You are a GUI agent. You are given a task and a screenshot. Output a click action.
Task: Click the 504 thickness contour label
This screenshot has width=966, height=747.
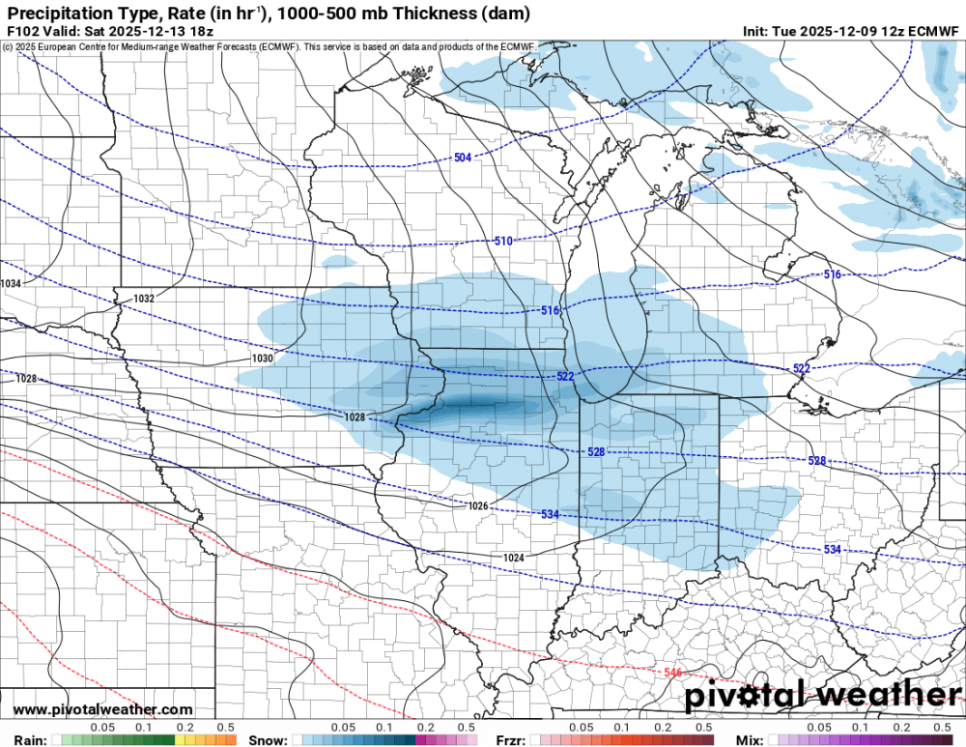[x=463, y=158]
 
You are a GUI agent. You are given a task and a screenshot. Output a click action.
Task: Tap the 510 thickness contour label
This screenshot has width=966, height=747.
[x=502, y=241]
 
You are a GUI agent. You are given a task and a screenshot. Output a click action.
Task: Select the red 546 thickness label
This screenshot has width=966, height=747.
[x=673, y=672]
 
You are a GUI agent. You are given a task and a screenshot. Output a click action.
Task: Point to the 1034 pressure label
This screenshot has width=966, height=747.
[x=11, y=283]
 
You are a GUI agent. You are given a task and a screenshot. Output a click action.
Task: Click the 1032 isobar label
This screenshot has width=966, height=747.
[x=144, y=299]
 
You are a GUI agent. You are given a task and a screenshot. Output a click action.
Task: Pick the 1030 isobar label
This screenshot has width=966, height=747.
[x=262, y=358]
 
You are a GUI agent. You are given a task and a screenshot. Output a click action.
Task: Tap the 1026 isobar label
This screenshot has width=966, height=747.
[x=477, y=505]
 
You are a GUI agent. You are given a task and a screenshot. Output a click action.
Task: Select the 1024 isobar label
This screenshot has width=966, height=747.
[x=514, y=558]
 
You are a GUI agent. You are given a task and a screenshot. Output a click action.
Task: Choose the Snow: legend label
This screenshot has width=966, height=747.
[x=268, y=740]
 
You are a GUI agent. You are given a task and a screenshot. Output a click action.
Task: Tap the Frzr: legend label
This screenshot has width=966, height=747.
[x=510, y=740]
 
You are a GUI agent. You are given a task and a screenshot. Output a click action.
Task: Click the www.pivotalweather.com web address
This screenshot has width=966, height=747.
[x=102, y=710]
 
